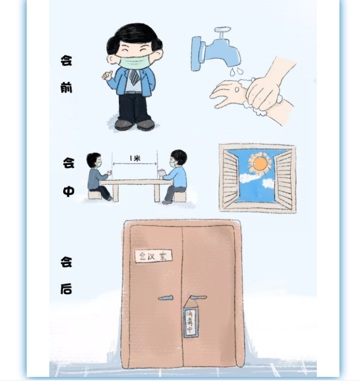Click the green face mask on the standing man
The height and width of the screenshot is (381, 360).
click(134, 61)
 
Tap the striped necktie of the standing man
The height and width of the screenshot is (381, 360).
click(135, 77)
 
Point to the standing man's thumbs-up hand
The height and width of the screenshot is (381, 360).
click(107, 75)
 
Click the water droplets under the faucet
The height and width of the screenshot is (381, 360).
click(236, 71)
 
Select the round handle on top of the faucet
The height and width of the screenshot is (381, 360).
click(222, 30)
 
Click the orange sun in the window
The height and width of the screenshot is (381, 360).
click(260, 163)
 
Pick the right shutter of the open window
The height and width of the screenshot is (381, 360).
click(283, 179)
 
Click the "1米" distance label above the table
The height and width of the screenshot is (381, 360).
click(135, 159)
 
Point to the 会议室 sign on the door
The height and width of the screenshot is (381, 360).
click(154, 256)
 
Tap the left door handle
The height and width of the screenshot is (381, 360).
click(165, 298)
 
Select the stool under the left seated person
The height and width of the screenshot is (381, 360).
click(94, 195)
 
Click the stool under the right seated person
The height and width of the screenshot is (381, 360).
click(180, 197)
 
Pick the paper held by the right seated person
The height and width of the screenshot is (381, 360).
click(162, 173)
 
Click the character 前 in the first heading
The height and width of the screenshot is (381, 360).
click(66, 87)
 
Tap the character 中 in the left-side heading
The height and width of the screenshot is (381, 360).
click(68, 191)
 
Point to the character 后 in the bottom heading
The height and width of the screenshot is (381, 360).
click(66, 289)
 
